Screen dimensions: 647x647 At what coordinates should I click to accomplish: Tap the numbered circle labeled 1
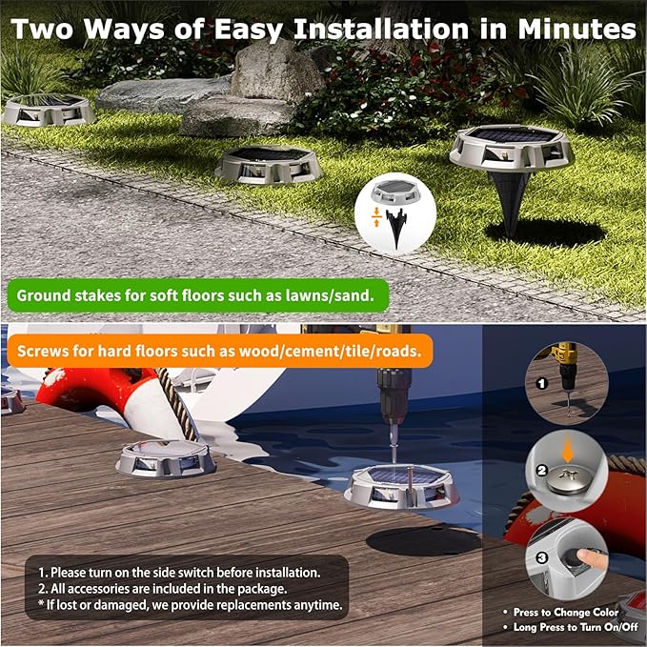pyautogui.click(x=540, y=383)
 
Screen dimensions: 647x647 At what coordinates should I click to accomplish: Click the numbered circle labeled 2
pyautogui.click(x=540, y=471)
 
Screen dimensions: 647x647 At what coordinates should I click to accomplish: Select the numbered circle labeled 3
pyautogui.click(x=540, y=557)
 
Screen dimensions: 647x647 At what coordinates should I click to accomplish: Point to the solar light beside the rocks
pyautogui.click(x=51, y=111)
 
